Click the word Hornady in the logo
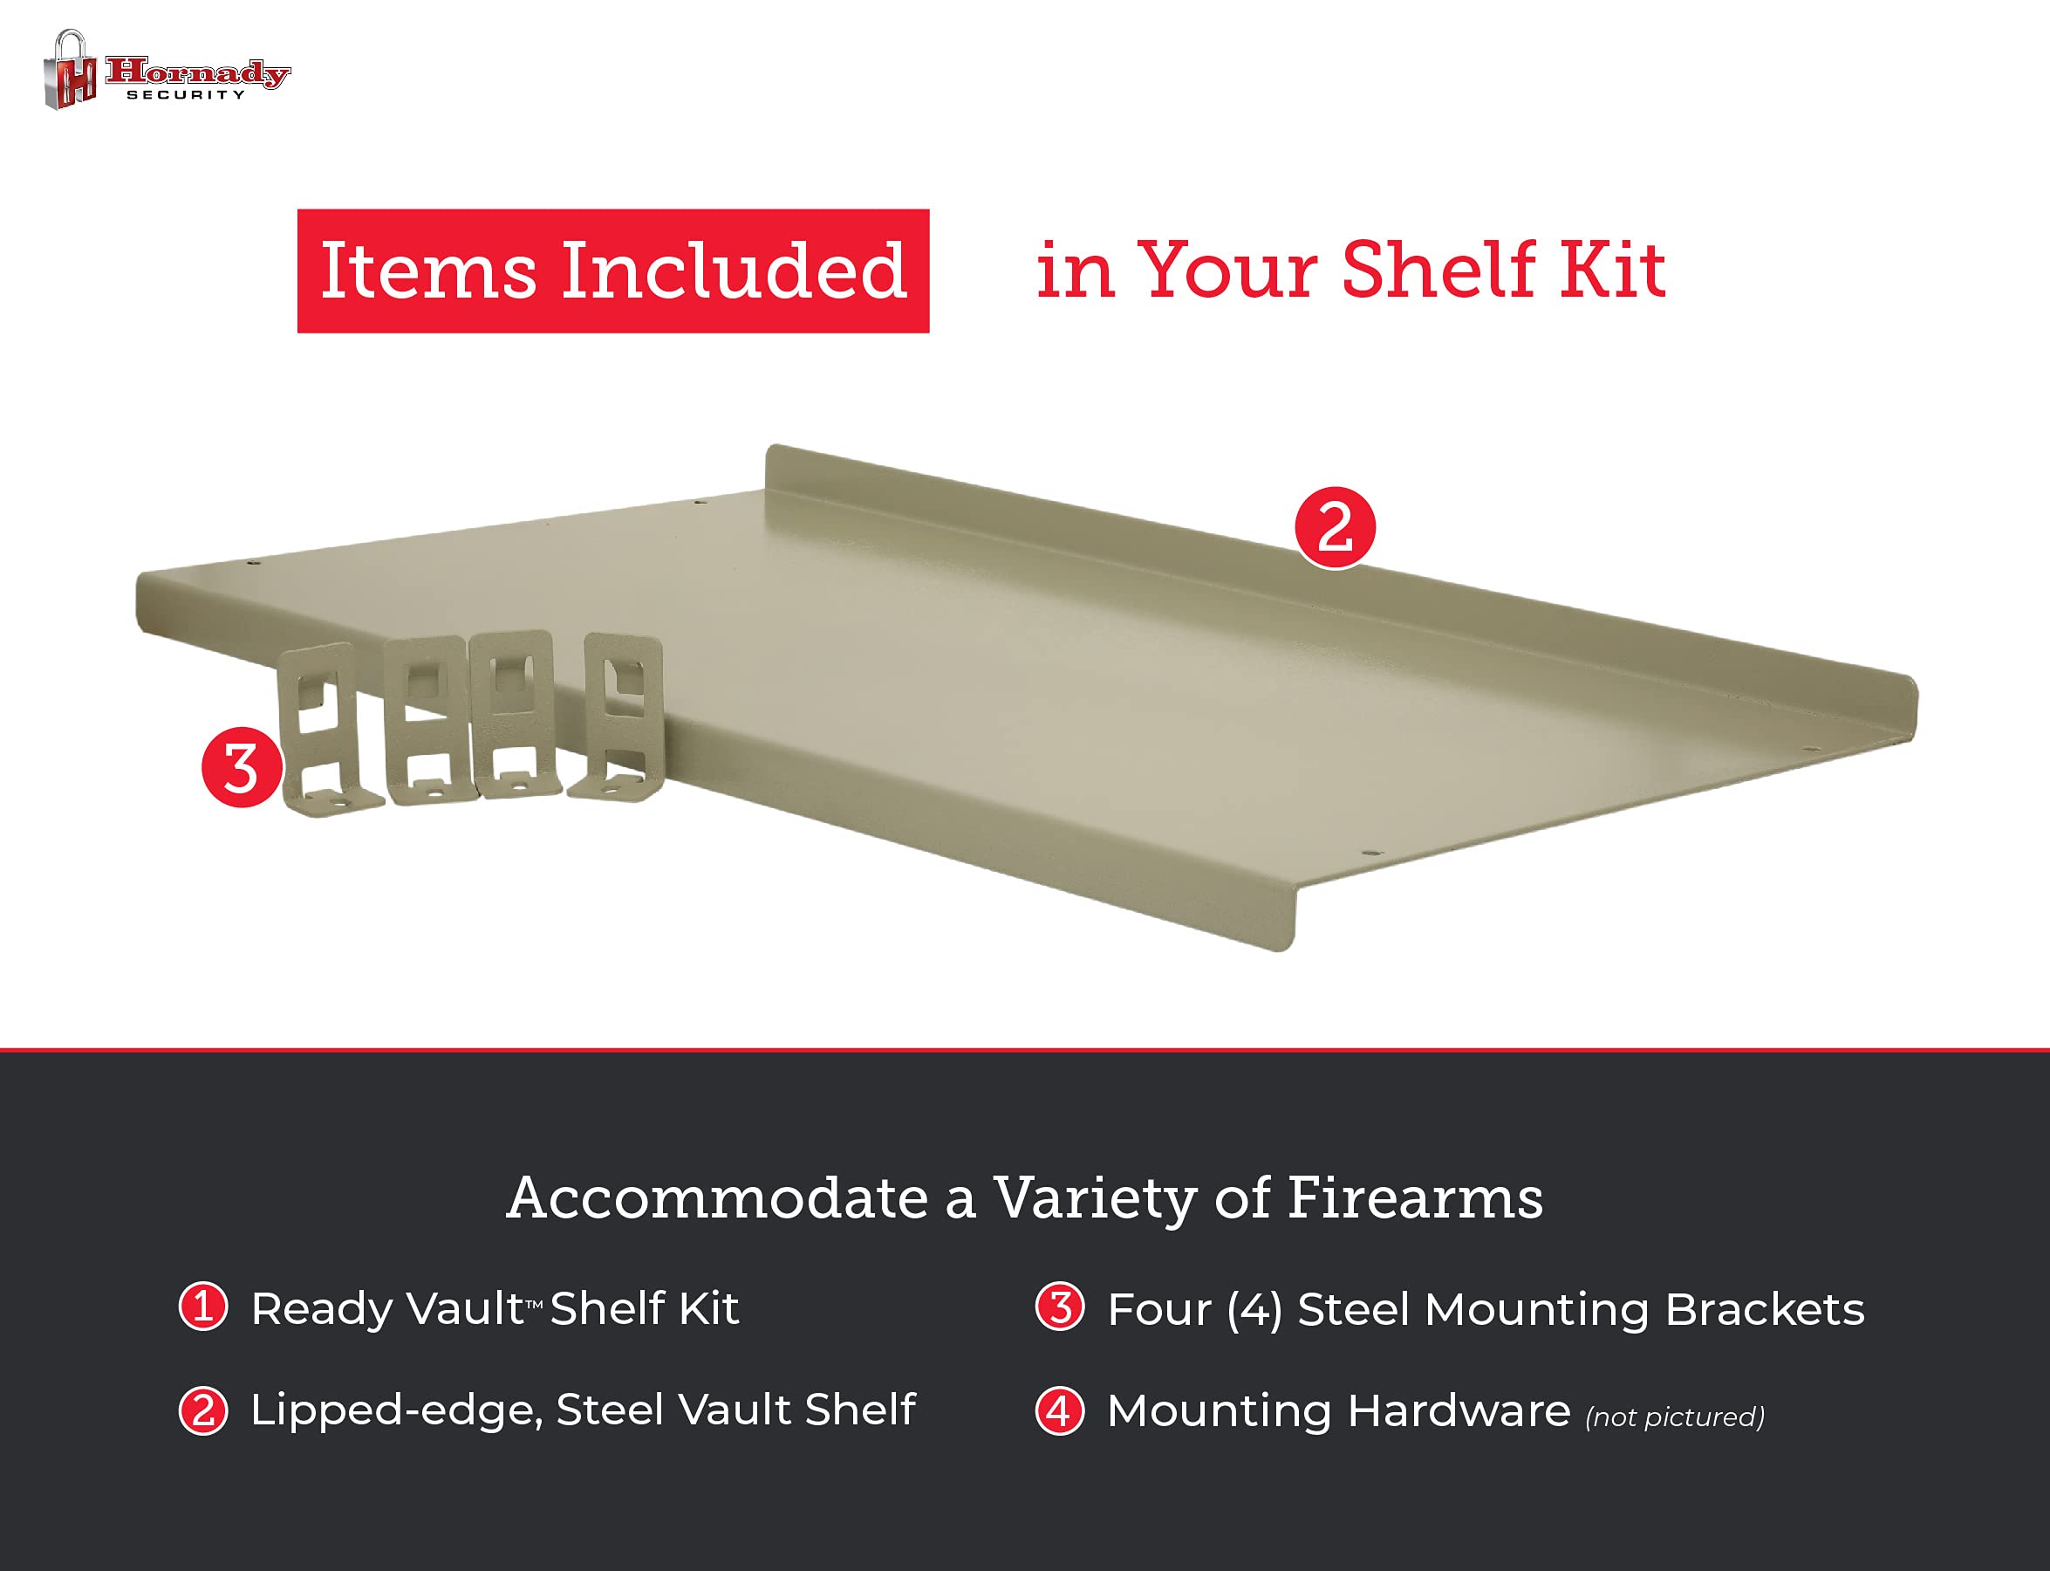[x=197, y=73]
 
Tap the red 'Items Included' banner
[x=613, y=271]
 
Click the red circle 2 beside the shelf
[x=1335, y=527]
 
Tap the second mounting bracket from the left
[x=427, y=720]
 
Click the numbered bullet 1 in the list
[x=203, y=1307]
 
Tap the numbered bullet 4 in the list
[x=1060, y=1410]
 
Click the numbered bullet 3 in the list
[x=1060, y=1307]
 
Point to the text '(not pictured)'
[x=1675, y=1417]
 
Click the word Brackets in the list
[x=1765, y=1309]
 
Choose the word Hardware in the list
[x=1459, y=1410]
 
